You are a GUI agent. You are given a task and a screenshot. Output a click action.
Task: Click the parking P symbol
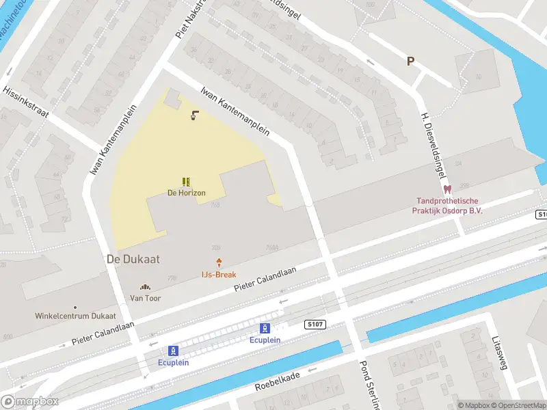point(411,61)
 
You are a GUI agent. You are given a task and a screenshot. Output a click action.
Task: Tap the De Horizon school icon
point(186,182)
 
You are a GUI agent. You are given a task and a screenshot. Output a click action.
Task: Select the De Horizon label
point(187,193)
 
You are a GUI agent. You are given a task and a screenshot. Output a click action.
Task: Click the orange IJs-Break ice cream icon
point(219,262)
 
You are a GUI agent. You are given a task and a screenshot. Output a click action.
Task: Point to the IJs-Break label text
point(219,275)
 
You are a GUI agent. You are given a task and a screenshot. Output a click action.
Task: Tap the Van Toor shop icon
point(145,287)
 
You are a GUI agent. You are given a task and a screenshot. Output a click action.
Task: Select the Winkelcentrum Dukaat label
point(75,316)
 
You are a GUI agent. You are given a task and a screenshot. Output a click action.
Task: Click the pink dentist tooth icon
point(448,189)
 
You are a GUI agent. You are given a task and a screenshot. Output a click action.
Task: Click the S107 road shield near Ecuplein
point(316,324)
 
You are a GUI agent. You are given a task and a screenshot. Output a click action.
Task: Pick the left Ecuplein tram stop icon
point(174,351)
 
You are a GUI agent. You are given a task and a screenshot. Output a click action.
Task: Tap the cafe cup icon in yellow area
point(195,115)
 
